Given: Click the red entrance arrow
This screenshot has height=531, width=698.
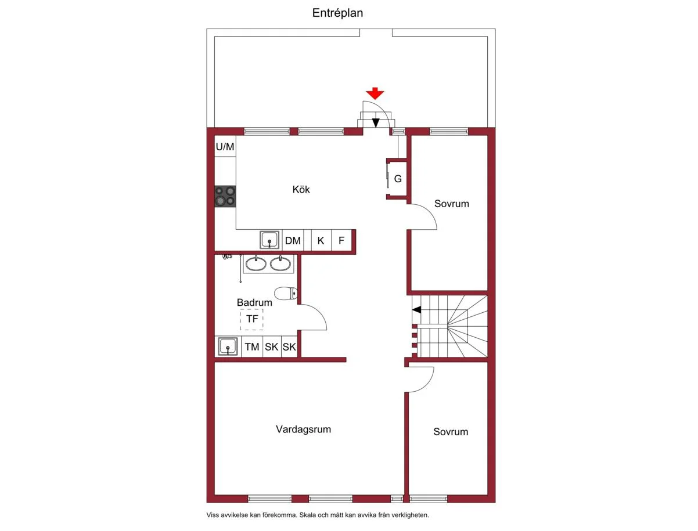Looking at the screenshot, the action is tap(375, 93).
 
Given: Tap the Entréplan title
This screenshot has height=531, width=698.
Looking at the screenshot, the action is tap(337, 13).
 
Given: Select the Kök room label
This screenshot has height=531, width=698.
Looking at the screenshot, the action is tap(301, 189).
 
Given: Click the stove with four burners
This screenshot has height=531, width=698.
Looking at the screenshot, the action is tap(225, 196).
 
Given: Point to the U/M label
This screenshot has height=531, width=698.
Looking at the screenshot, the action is tap(225, 146).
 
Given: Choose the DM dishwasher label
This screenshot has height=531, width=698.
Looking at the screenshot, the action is tap(293, 241).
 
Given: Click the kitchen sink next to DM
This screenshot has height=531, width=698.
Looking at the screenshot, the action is tap(269, 240).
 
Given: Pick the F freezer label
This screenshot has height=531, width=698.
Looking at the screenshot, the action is tap(341, 241).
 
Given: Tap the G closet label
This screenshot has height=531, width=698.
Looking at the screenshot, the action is tap(398, 179).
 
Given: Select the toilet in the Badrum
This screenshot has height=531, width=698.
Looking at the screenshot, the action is tap(286, 293).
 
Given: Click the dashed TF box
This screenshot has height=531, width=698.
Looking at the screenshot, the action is tap(251, 319).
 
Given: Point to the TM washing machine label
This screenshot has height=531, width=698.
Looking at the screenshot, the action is tap(252, 346).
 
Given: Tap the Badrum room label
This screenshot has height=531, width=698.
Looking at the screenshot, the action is tap(254, 302).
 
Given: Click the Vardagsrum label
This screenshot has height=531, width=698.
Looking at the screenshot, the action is tap(303, 429).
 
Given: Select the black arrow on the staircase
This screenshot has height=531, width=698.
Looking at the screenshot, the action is tap(416, 309).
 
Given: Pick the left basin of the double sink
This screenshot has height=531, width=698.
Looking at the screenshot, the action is tap(256, 263).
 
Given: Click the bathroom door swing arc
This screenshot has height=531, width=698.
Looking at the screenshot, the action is tap(319, 312).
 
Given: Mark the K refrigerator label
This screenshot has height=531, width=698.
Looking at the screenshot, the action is tap(321, 241).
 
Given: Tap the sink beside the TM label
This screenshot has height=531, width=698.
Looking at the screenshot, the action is tap(228, 346).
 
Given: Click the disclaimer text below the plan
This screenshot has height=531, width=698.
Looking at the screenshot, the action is tap(318, 515).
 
